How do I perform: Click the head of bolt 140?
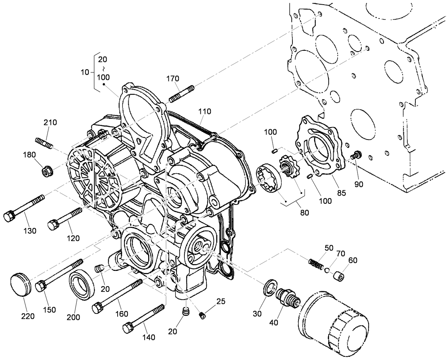(128, 327)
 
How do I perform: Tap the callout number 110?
(205, 111)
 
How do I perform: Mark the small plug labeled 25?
(202, 315)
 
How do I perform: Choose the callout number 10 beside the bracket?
(85, 72)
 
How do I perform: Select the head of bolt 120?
(54, 224)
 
